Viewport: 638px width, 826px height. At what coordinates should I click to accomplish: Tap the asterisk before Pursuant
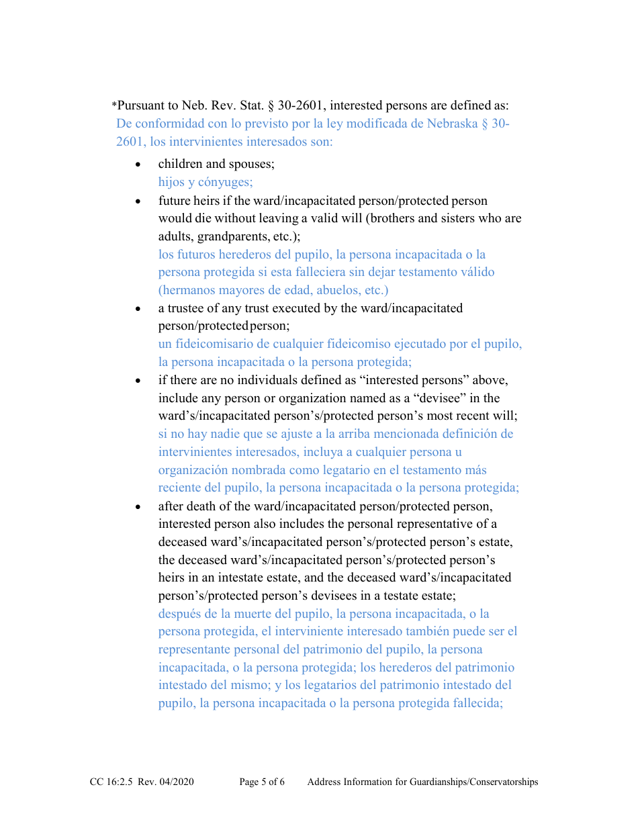(114, 105)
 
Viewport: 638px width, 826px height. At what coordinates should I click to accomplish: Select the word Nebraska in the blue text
(452, 124)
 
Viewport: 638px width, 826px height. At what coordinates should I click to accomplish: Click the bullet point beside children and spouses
(138, 165)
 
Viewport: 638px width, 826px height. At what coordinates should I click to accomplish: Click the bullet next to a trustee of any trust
(138, 309)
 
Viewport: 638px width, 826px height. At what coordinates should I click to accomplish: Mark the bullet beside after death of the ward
(138, 506)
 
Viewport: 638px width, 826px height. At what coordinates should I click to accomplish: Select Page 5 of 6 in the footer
(262, 782)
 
